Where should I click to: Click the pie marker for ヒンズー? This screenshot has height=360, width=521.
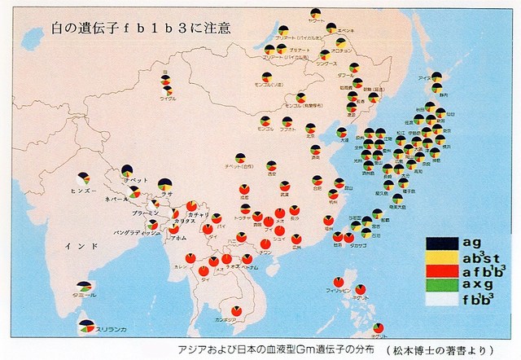(x=84, y=177)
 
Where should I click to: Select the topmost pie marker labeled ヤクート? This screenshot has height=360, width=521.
(x=315, y=12)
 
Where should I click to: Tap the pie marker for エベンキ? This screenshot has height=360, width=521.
(x=331, y=28)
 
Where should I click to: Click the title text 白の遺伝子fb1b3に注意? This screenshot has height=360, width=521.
(x=125, y=28)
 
